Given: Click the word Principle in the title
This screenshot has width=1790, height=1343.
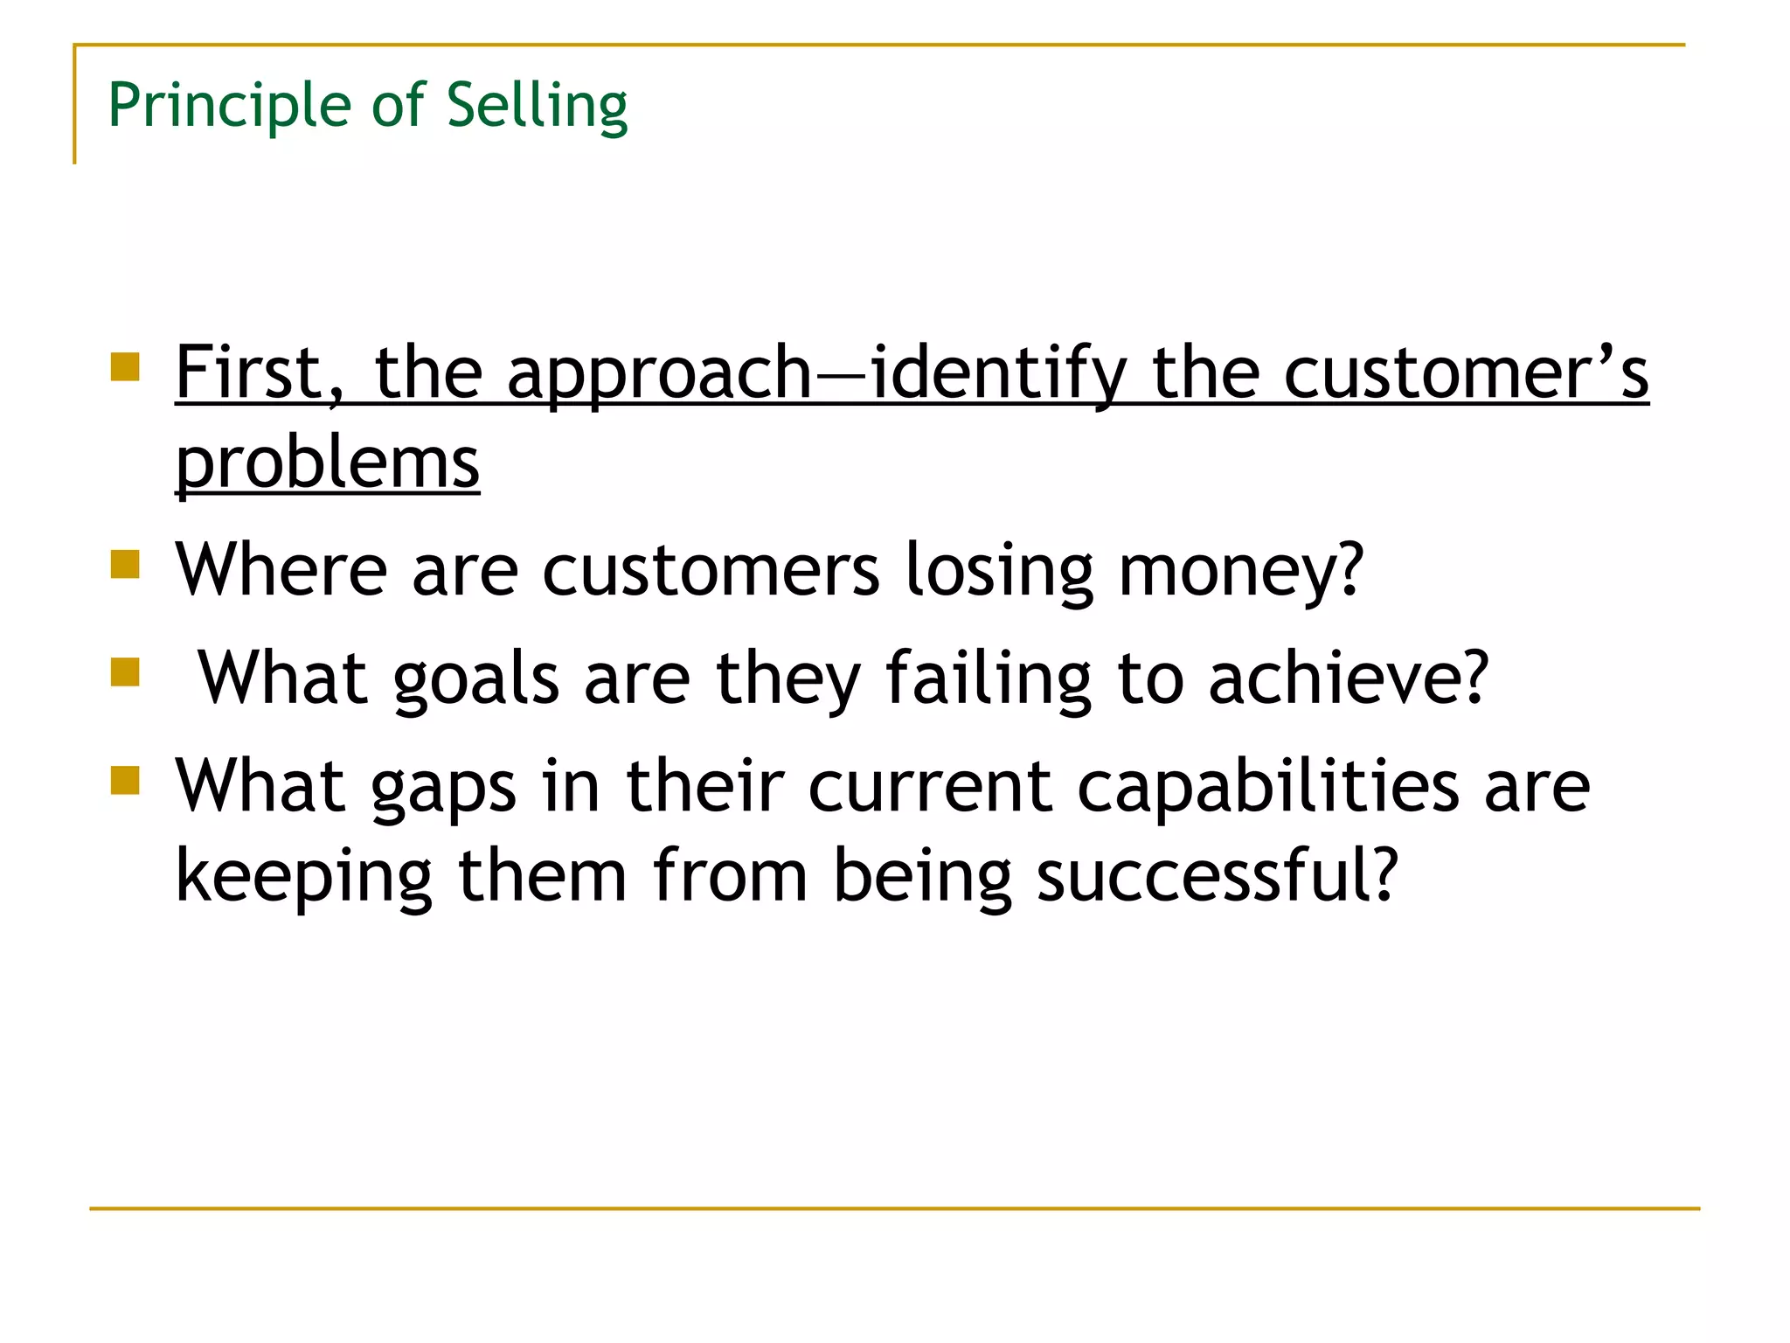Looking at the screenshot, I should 229,106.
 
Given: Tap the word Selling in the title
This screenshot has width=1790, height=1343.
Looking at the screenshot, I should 537,106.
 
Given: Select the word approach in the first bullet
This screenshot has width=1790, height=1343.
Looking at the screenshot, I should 660,374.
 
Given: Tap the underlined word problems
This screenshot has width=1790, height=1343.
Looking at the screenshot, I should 328,463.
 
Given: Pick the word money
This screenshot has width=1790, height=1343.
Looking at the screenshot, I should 1240,571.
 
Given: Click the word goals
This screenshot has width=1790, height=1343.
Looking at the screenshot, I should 475,679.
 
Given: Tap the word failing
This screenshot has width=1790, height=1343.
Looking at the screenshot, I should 989,679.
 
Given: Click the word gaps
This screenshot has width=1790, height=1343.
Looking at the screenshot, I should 443,788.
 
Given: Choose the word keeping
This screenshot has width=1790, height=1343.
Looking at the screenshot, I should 304,877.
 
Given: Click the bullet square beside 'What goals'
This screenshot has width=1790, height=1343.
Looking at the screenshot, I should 126,672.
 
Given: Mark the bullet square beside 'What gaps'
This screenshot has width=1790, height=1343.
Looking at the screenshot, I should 126,780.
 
